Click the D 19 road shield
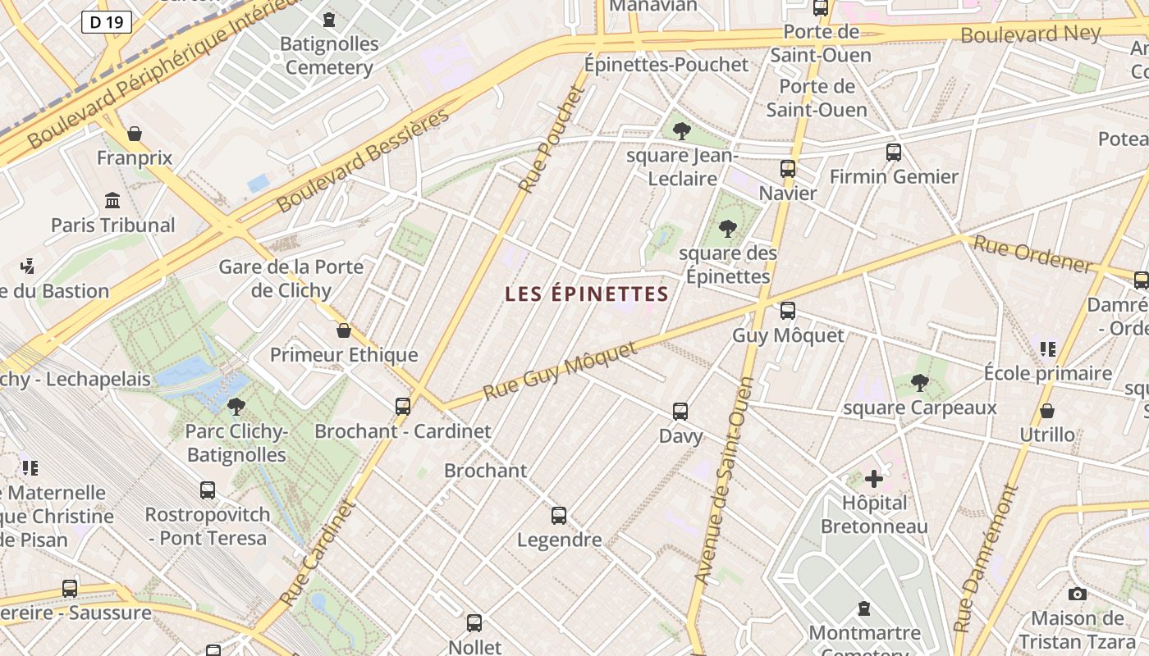pyautogui.click(x=107, y=22)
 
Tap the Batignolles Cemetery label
pyautogui.click(x=329, y=55)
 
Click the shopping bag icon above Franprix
pyautogui.click(x=135, y=134)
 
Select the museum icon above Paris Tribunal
pyautogui.click(x=112, y=201)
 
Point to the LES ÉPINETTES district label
pyautogui.click(x=587, y=294)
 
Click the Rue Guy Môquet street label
pyautogui.click(x=560, y=371)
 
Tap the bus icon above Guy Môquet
pyautogui.click(x=788, y=311)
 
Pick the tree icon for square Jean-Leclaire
pyautogui.click(x=681, y=131)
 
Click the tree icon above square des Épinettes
pyautogui.click(x=727, y=229)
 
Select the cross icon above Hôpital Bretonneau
pyautogui.click(x=874, y=478)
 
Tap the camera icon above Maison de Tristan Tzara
pyautogui.click(x=1078, y=594)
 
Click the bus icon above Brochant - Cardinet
pyautogui.click(x=403, y=406)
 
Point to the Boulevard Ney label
pyautogui.click(x=1030, y=34)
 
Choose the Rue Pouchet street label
pyautogui.click(x=551, y=140)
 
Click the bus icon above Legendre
pyautogui.click(x=559, y=515)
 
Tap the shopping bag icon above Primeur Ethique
pyautogui.click(x=344, y=330)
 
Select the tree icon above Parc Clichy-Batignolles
pyautogui.click(x=236, y=406)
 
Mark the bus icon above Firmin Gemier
pyautogui.click(x=894, y=152)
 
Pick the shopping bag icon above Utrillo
pyautogui.click(x=1047, y=410)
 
